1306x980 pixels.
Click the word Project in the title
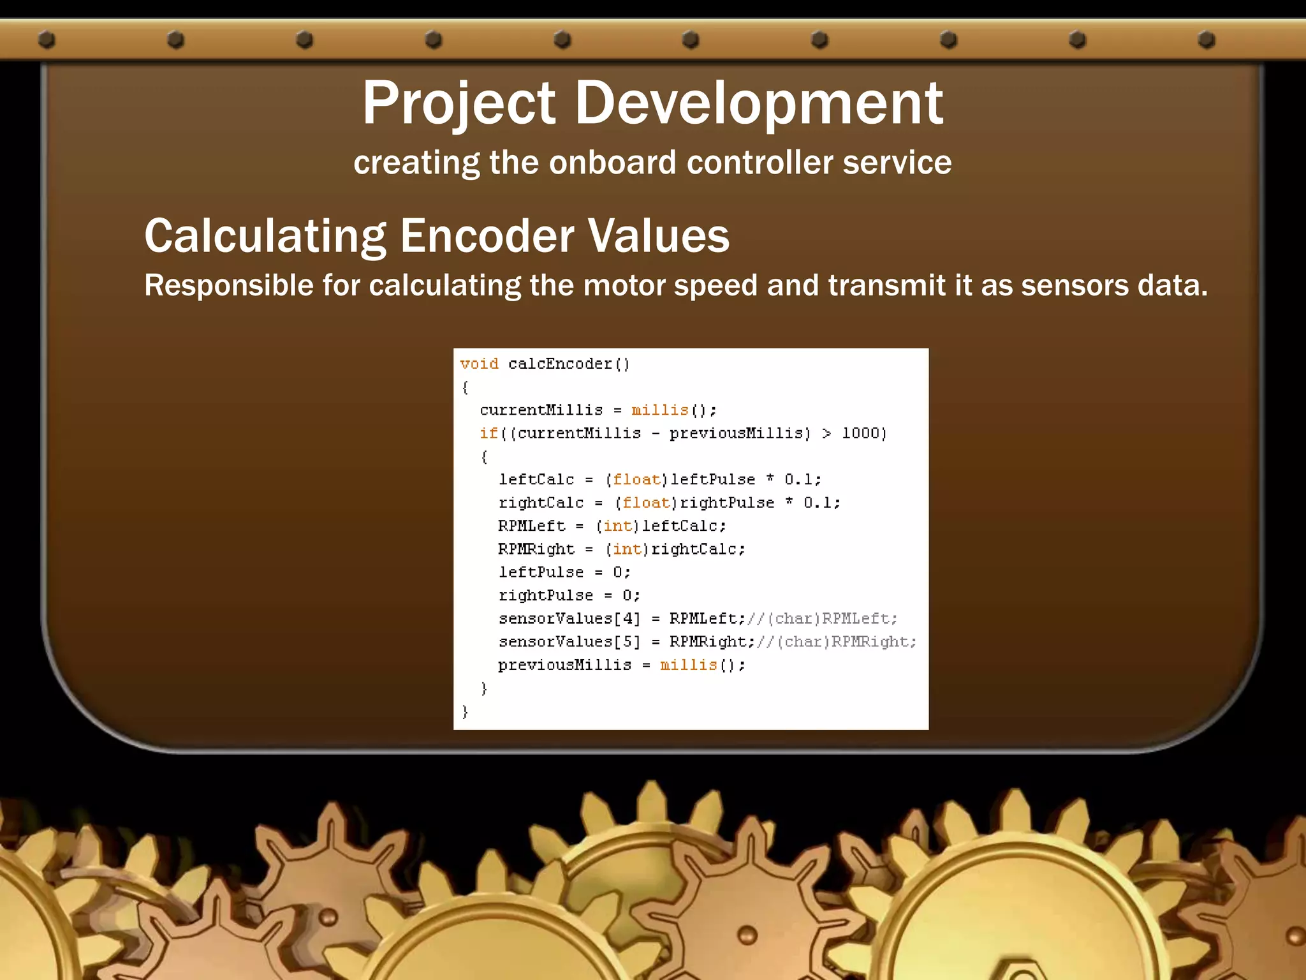point(459,104)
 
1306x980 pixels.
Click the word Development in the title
point(759,104)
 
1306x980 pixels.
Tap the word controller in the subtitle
point(759,163)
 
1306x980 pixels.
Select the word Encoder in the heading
point(487,236)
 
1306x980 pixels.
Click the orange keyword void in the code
point(479,364)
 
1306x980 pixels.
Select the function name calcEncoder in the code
point(560,364)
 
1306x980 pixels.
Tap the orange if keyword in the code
point(488,433)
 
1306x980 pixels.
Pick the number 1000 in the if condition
point(860,433)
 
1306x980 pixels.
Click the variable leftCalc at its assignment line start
point(536,479)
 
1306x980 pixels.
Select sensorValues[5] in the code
point(569,641)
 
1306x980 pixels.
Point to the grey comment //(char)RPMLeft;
point(823,618)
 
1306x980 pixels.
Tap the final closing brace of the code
point(465,711)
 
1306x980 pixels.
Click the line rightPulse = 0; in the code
point(569,595)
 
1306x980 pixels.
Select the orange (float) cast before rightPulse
point(646,503)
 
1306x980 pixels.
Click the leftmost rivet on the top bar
point(47,40)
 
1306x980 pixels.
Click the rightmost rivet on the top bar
point(1207,40)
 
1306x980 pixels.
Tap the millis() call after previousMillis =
point(701,665)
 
